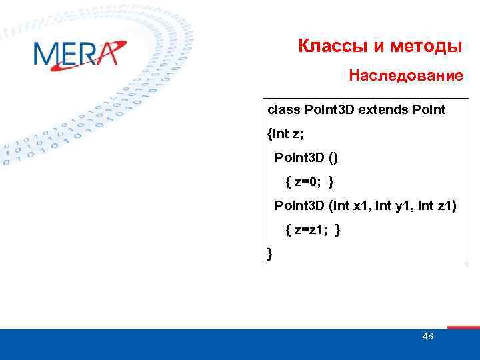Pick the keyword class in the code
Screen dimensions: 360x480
(283, 109)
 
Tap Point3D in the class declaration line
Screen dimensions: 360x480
(329, 109)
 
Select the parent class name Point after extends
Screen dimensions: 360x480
(429, 109)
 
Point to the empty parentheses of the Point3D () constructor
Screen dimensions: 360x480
(332, 158)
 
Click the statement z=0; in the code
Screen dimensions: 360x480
(308, 182)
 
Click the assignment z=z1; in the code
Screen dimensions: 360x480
(311, 230)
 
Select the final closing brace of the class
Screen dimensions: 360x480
(269, 253)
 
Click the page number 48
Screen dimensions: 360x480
(427, 337)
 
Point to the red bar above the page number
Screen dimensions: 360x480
(463, 327)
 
